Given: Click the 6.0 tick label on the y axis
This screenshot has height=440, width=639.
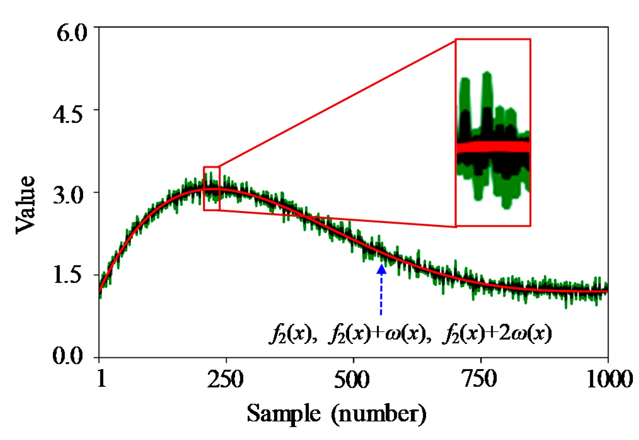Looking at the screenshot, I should (72, 33).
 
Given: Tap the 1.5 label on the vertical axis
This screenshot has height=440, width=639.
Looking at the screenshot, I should (68, 276).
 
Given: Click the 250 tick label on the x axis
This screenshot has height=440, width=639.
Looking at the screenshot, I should (225, 379).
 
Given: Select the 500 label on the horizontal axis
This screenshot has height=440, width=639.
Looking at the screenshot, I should (352, 379).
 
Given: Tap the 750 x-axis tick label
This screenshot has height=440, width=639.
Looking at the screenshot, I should (479, 379).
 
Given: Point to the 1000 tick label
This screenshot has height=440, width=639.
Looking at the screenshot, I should (609, 379).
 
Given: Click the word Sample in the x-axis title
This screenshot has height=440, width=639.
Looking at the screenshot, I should (284, 414).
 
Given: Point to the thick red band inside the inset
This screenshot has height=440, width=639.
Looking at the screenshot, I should (493, 147).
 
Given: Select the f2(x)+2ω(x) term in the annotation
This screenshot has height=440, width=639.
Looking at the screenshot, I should (497, 334).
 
